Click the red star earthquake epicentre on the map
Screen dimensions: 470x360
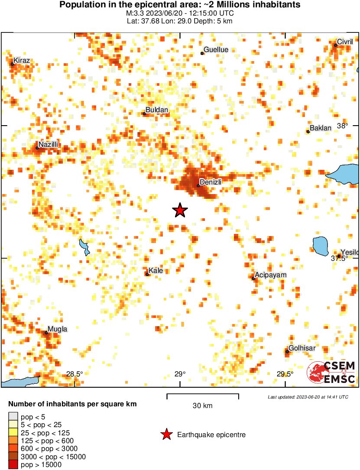[180, 210]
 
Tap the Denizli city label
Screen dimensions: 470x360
[211, 182]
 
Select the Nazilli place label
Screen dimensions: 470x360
[48, 144]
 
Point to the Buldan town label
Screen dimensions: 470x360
[156, 110]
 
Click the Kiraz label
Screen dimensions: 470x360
[22, 61]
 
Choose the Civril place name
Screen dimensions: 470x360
[345, 42]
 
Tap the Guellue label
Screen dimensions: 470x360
[216, 50]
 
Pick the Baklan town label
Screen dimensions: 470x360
[321, 128]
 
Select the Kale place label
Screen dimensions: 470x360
[156, 271]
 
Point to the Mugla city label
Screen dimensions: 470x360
[57, 329]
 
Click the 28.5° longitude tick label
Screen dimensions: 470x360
[75, 374]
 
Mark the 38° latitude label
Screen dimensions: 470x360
[343, 126]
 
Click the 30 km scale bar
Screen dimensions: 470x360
[203, 395]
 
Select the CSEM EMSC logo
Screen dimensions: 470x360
[331, 373]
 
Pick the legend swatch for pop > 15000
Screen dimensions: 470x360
[13, 465]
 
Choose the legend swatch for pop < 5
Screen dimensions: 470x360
[13, 417]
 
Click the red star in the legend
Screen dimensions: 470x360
[166, 434]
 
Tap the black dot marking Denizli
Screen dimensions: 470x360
[198, 186]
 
